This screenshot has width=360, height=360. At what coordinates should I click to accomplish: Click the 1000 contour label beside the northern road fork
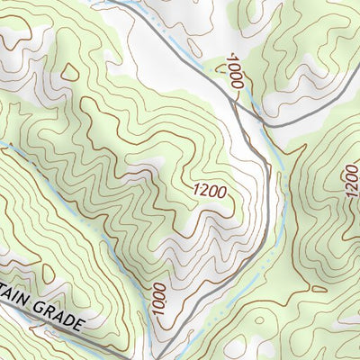pyautogui.click(x=236, y=72)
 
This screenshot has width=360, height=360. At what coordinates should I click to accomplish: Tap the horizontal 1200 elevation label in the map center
pyautogui.click(x=208, y=190)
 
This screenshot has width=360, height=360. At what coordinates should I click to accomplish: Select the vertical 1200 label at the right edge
pyautogui.click(x=350, y=184)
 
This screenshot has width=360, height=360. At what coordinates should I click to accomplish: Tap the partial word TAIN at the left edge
pyautogui.click(x=13, y=304)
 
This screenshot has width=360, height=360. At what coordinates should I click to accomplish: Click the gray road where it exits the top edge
pyautogui.click(x=108, y=3)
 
